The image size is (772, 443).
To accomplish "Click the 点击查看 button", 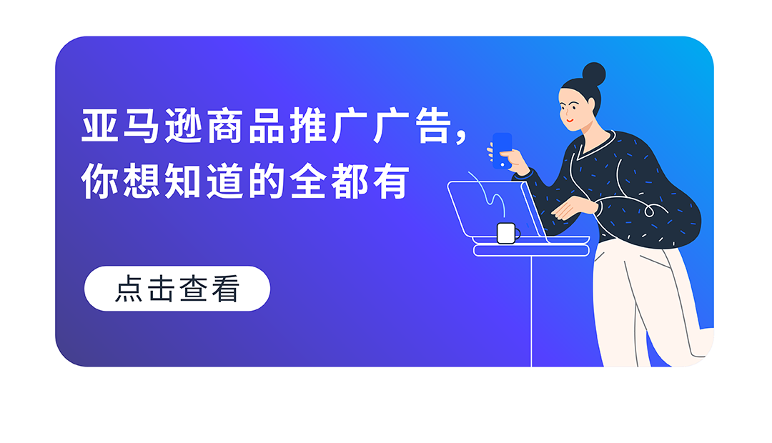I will click(177, 289).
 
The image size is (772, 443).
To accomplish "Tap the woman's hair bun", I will click(593, 74).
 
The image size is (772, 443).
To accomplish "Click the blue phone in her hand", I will click(503, 149).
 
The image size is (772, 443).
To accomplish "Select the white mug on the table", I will click(507, 233).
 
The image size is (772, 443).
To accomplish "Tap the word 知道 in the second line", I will click(204, 182).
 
